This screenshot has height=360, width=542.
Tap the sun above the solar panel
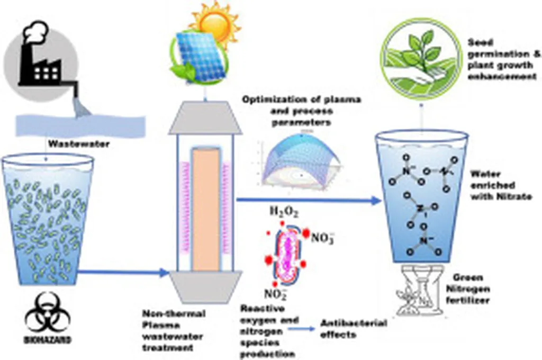coord(214,21)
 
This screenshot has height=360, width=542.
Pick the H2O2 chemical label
coord(284,213)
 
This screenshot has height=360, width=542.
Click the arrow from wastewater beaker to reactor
coord(122,273)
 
